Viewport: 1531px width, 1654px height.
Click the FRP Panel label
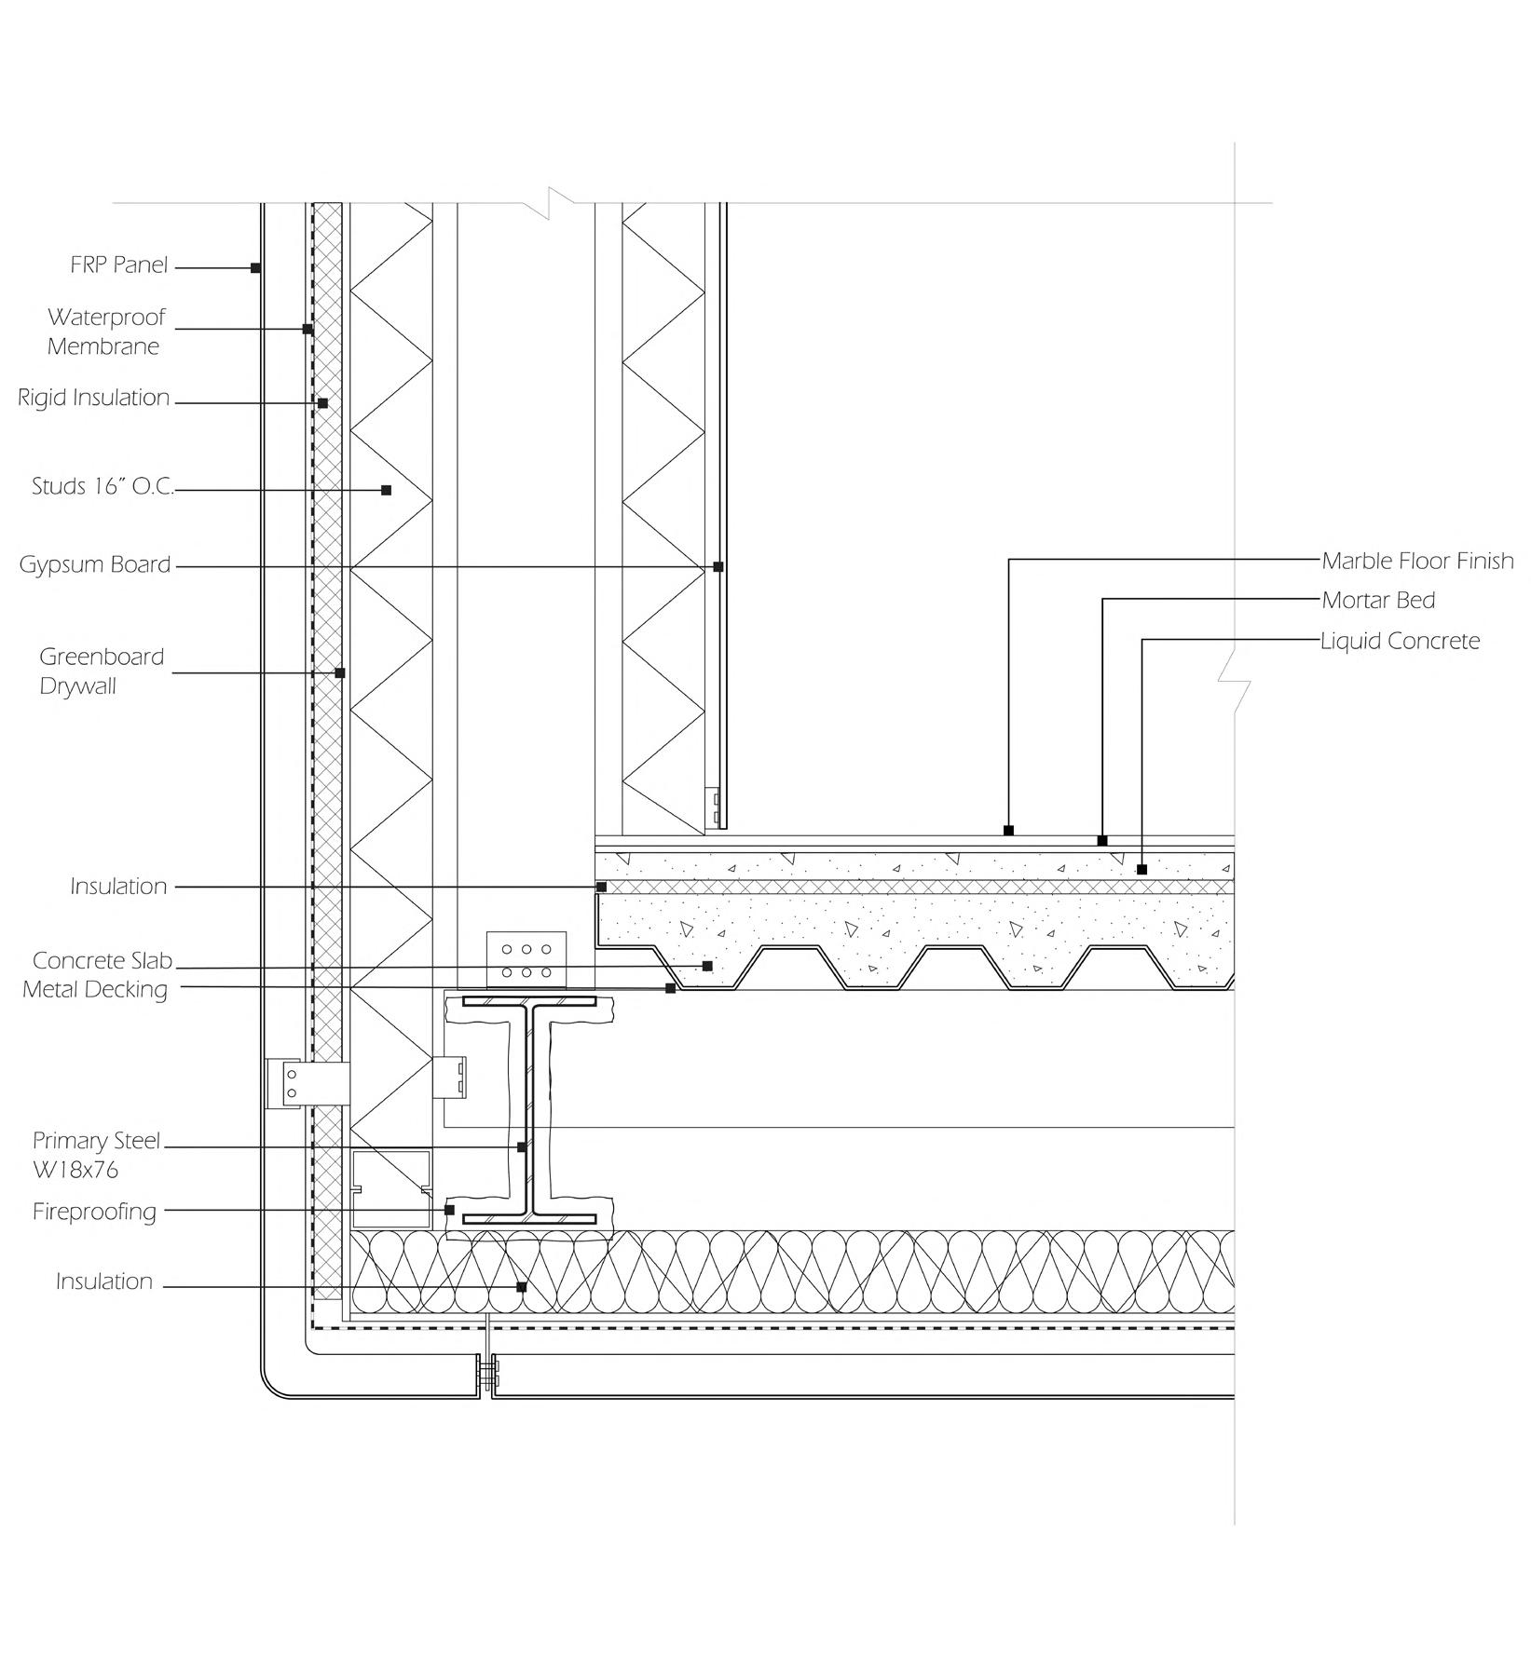point(118,265)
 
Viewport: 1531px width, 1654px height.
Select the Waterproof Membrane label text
point(105,332)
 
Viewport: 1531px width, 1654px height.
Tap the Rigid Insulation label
point(94,398)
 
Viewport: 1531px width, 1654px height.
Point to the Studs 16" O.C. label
point(103,486)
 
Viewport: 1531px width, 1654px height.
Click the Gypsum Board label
point(95,564)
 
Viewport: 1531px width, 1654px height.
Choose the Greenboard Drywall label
point(102,671)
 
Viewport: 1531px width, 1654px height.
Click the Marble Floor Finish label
point(1417,561)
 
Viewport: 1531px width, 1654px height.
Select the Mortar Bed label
point(1378,601)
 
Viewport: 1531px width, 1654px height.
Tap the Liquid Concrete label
point(1400,641)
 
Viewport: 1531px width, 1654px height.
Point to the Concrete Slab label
point(103,960)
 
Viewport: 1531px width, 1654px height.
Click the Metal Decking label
point(95,989)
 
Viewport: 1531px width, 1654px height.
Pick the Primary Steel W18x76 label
point(96,1155)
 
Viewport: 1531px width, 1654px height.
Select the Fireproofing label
point(94,1212)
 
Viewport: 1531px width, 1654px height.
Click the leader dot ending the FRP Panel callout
point(255,268)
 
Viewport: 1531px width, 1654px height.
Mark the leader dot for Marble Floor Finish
point(1008,830)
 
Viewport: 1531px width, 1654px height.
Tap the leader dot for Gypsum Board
point(718,566)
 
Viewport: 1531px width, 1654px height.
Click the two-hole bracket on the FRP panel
point(290,1083)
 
